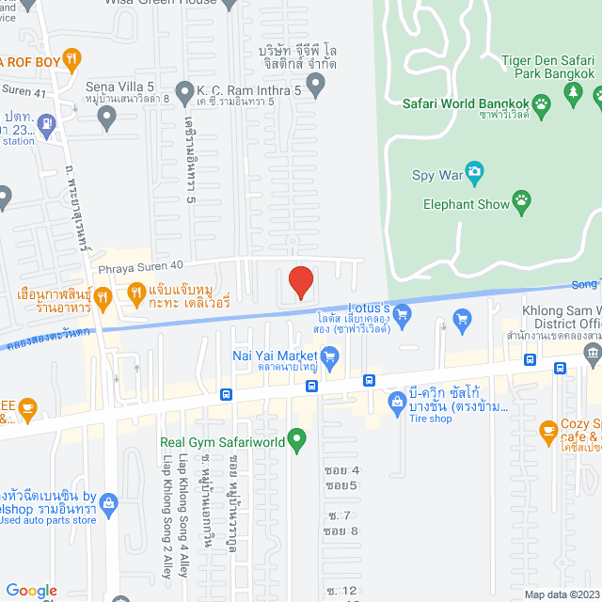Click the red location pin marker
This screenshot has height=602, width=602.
[x=300, y=282]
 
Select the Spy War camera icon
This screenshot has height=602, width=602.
[x=475, y=172]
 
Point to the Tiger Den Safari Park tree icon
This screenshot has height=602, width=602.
[x=572, y=92]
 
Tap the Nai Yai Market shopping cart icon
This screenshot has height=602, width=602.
[x=328, y=356]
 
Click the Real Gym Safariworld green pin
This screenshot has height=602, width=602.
[x=297, y=438]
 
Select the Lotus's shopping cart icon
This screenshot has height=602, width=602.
[x=403, y=312]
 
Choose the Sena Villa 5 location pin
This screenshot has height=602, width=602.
[x=107, y=118]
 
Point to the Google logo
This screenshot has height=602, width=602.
[x=31, y=590]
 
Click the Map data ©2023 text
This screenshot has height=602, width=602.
[x=561, y=594]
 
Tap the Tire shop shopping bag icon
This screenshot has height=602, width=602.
[x=396, y=404]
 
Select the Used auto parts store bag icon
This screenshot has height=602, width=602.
[x=107, y=503]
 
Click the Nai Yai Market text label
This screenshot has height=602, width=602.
[x=275, y=356]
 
